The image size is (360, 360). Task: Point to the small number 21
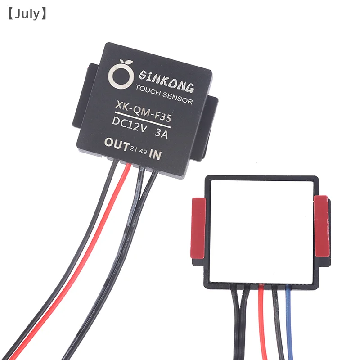click(133, 148)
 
